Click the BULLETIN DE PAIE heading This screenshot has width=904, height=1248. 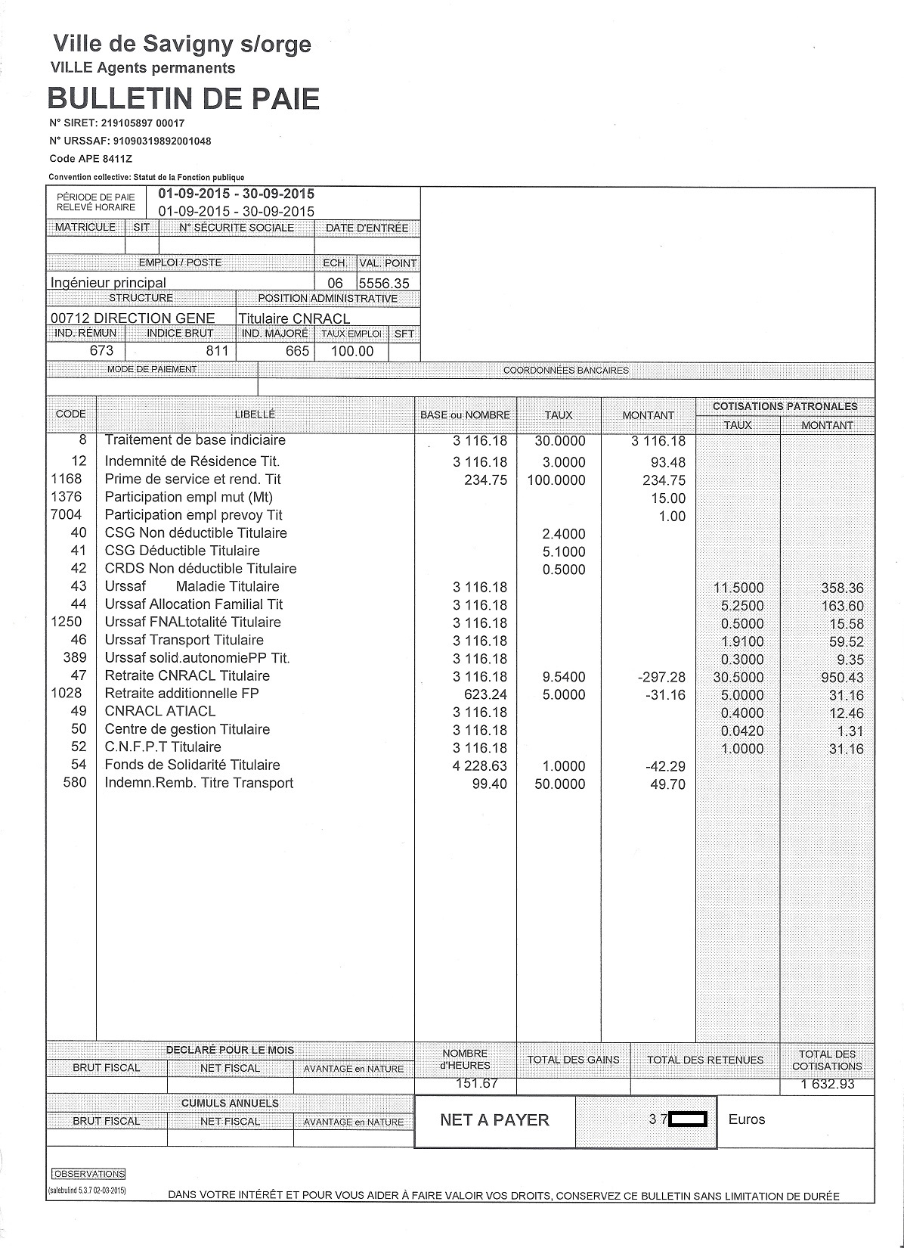184,99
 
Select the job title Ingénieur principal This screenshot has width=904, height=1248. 108,282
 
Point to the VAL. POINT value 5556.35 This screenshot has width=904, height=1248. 384,283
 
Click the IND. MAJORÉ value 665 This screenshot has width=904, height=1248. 297,351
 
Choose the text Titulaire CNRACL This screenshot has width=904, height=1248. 295,318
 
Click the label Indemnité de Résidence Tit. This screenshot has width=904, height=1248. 192,461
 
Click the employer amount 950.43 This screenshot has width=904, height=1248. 842,678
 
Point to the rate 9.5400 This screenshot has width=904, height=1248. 564,677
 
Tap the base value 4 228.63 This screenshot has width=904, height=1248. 480,766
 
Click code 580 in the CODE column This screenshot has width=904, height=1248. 75,783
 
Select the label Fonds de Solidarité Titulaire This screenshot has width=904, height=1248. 192,765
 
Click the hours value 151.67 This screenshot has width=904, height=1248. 477,1083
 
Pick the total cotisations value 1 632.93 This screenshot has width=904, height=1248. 827,1084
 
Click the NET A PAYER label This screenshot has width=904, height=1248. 494,1120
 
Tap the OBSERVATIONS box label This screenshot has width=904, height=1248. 88,1174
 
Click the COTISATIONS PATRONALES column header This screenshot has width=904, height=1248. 785,406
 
